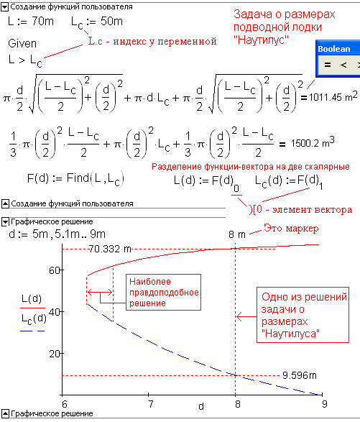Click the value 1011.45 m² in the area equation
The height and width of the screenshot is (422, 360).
pos(333,96)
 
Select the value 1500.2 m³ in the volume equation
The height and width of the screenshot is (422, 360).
pos(313,142)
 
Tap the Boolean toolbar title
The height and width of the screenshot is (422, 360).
pos(334,49)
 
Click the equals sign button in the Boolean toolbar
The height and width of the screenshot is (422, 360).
pos(328,65)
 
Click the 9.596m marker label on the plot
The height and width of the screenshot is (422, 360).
pos(300,375)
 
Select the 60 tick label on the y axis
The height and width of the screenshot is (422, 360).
pos(54,270)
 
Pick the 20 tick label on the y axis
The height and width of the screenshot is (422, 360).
pos(54,354)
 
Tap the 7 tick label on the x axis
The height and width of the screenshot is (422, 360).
pos(150,404)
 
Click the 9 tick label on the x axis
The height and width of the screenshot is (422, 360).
pos(325,404)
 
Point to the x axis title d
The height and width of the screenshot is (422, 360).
pos(201,406)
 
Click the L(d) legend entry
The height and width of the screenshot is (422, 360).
pos(32,298)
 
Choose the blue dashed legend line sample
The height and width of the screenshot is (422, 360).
pos(32,331)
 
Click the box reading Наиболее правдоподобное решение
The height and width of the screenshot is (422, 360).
pos(164,293)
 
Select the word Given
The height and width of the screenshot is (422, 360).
pos(22,43)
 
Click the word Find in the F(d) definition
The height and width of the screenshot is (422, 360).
pos(78,178)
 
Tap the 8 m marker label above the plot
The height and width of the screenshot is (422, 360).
pos(237,234)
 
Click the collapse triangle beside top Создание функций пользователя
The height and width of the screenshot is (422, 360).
pos(5,7)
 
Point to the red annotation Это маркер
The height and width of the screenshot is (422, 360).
pos(291,228)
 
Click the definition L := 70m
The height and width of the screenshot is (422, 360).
pos(31,21)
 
